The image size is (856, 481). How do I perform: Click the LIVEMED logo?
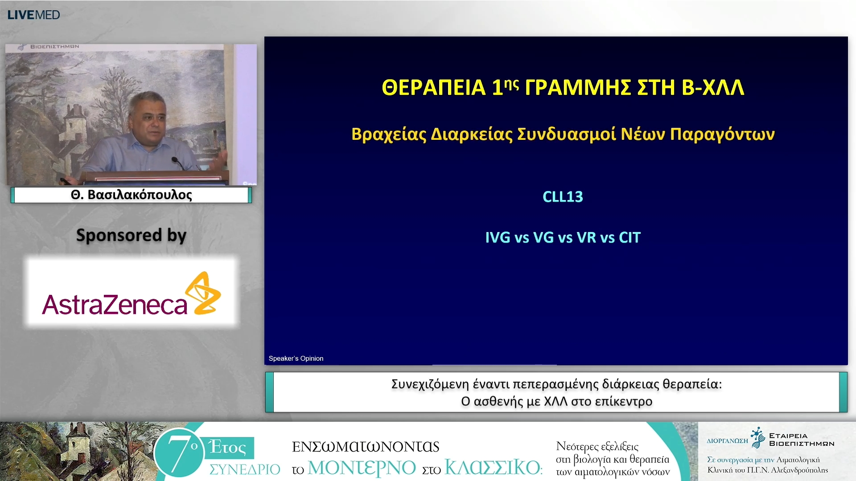(33, 15)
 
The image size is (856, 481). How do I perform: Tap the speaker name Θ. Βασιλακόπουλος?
(131, 195)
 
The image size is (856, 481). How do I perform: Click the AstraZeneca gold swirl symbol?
(203, 293)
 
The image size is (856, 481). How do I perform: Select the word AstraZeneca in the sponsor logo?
(115, 305)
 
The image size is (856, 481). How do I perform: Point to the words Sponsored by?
(131, 235)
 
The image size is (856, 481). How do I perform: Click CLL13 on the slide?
(563, 197)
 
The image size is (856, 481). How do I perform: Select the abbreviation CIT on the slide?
(630, 237)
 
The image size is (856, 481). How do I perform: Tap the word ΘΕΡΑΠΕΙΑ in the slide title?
(433, 87)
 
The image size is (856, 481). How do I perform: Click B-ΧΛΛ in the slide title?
(713, 87)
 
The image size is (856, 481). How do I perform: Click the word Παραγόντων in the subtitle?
(722, 135)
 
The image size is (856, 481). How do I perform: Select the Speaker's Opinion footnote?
(296, 359)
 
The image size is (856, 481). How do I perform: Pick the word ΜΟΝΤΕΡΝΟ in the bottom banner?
(362, 468)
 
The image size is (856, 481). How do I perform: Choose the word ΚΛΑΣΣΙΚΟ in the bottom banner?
(493, 467)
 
